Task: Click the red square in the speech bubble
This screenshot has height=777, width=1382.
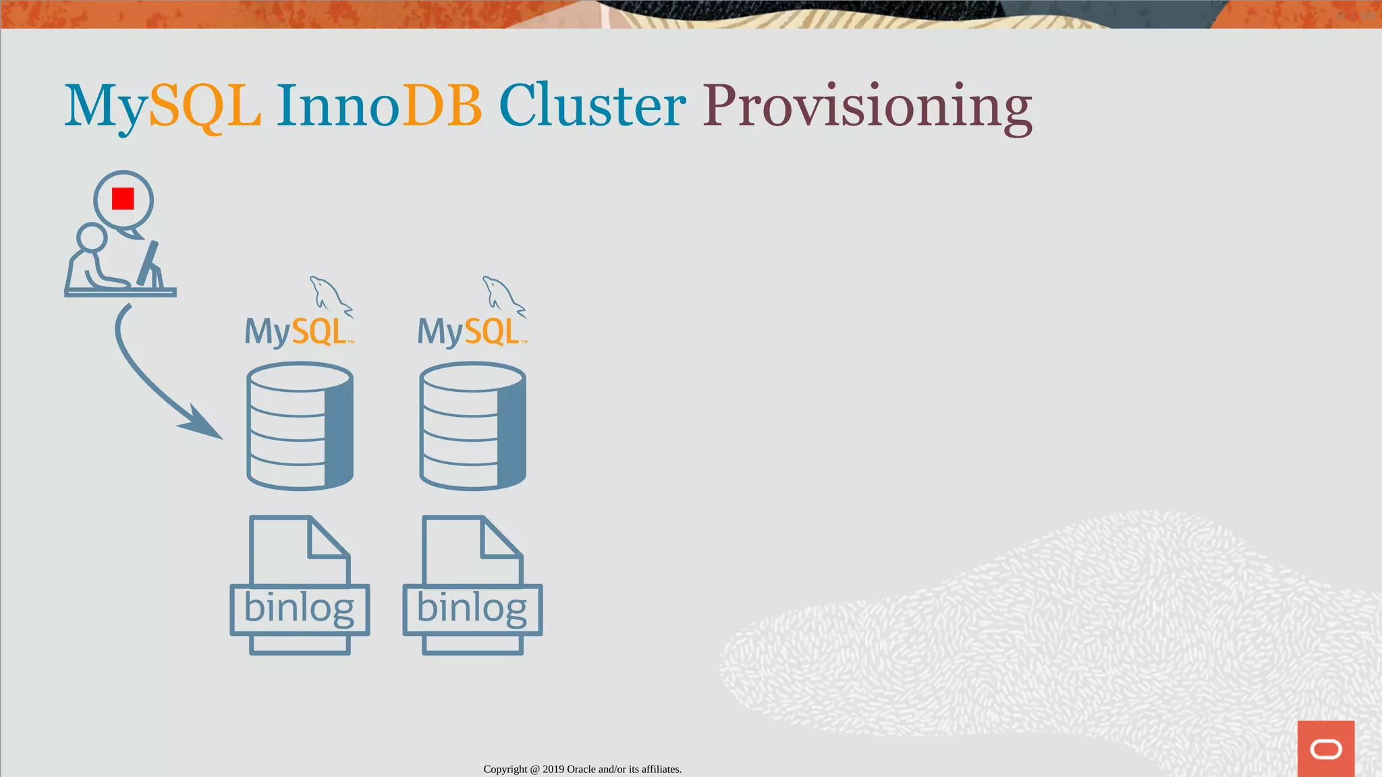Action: [123, 199]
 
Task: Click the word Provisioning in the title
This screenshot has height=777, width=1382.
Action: [867, 106]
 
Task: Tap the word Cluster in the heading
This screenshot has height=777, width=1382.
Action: [592, 106]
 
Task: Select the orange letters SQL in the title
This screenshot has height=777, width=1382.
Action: [204, 106]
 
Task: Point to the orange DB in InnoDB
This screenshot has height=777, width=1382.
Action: [442, 106]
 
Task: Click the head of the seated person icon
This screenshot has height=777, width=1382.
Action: [92, 238]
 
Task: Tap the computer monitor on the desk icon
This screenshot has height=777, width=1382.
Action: [149, 263]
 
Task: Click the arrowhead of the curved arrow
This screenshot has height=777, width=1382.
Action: [202, 425]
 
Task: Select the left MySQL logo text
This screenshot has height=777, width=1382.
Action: [296, 332]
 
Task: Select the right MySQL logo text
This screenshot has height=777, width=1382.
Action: [469, 332]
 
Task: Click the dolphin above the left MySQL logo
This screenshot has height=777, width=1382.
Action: [329, 295]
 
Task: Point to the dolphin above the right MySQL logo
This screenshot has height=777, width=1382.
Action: [503, 295]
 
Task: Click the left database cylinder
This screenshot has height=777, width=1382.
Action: [300, 426]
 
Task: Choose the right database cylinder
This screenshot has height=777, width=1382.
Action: [472, 426]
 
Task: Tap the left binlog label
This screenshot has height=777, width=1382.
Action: [299, 608]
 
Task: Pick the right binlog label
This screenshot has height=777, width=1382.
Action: [472, 608]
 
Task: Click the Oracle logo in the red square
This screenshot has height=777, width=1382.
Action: [1325, 749]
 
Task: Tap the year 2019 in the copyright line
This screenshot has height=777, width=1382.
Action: [553, 769]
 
